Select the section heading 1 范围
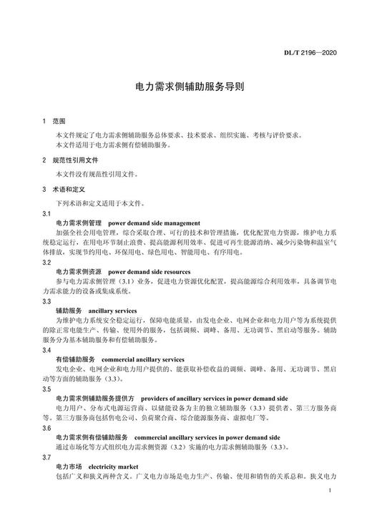(x=54, y=122)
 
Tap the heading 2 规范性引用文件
(x=70, y=160)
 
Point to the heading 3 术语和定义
(x=64, y=190)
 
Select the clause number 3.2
(x=46, y=263)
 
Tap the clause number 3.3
(x=46, y=302)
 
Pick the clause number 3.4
(x=46, y=351)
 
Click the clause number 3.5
(x=46, y=389)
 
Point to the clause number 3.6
(x=46, y=429)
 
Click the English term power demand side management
(x=155, y=223)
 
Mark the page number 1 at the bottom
(x=328, y=492)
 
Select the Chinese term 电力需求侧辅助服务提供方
(x=96, y=399)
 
